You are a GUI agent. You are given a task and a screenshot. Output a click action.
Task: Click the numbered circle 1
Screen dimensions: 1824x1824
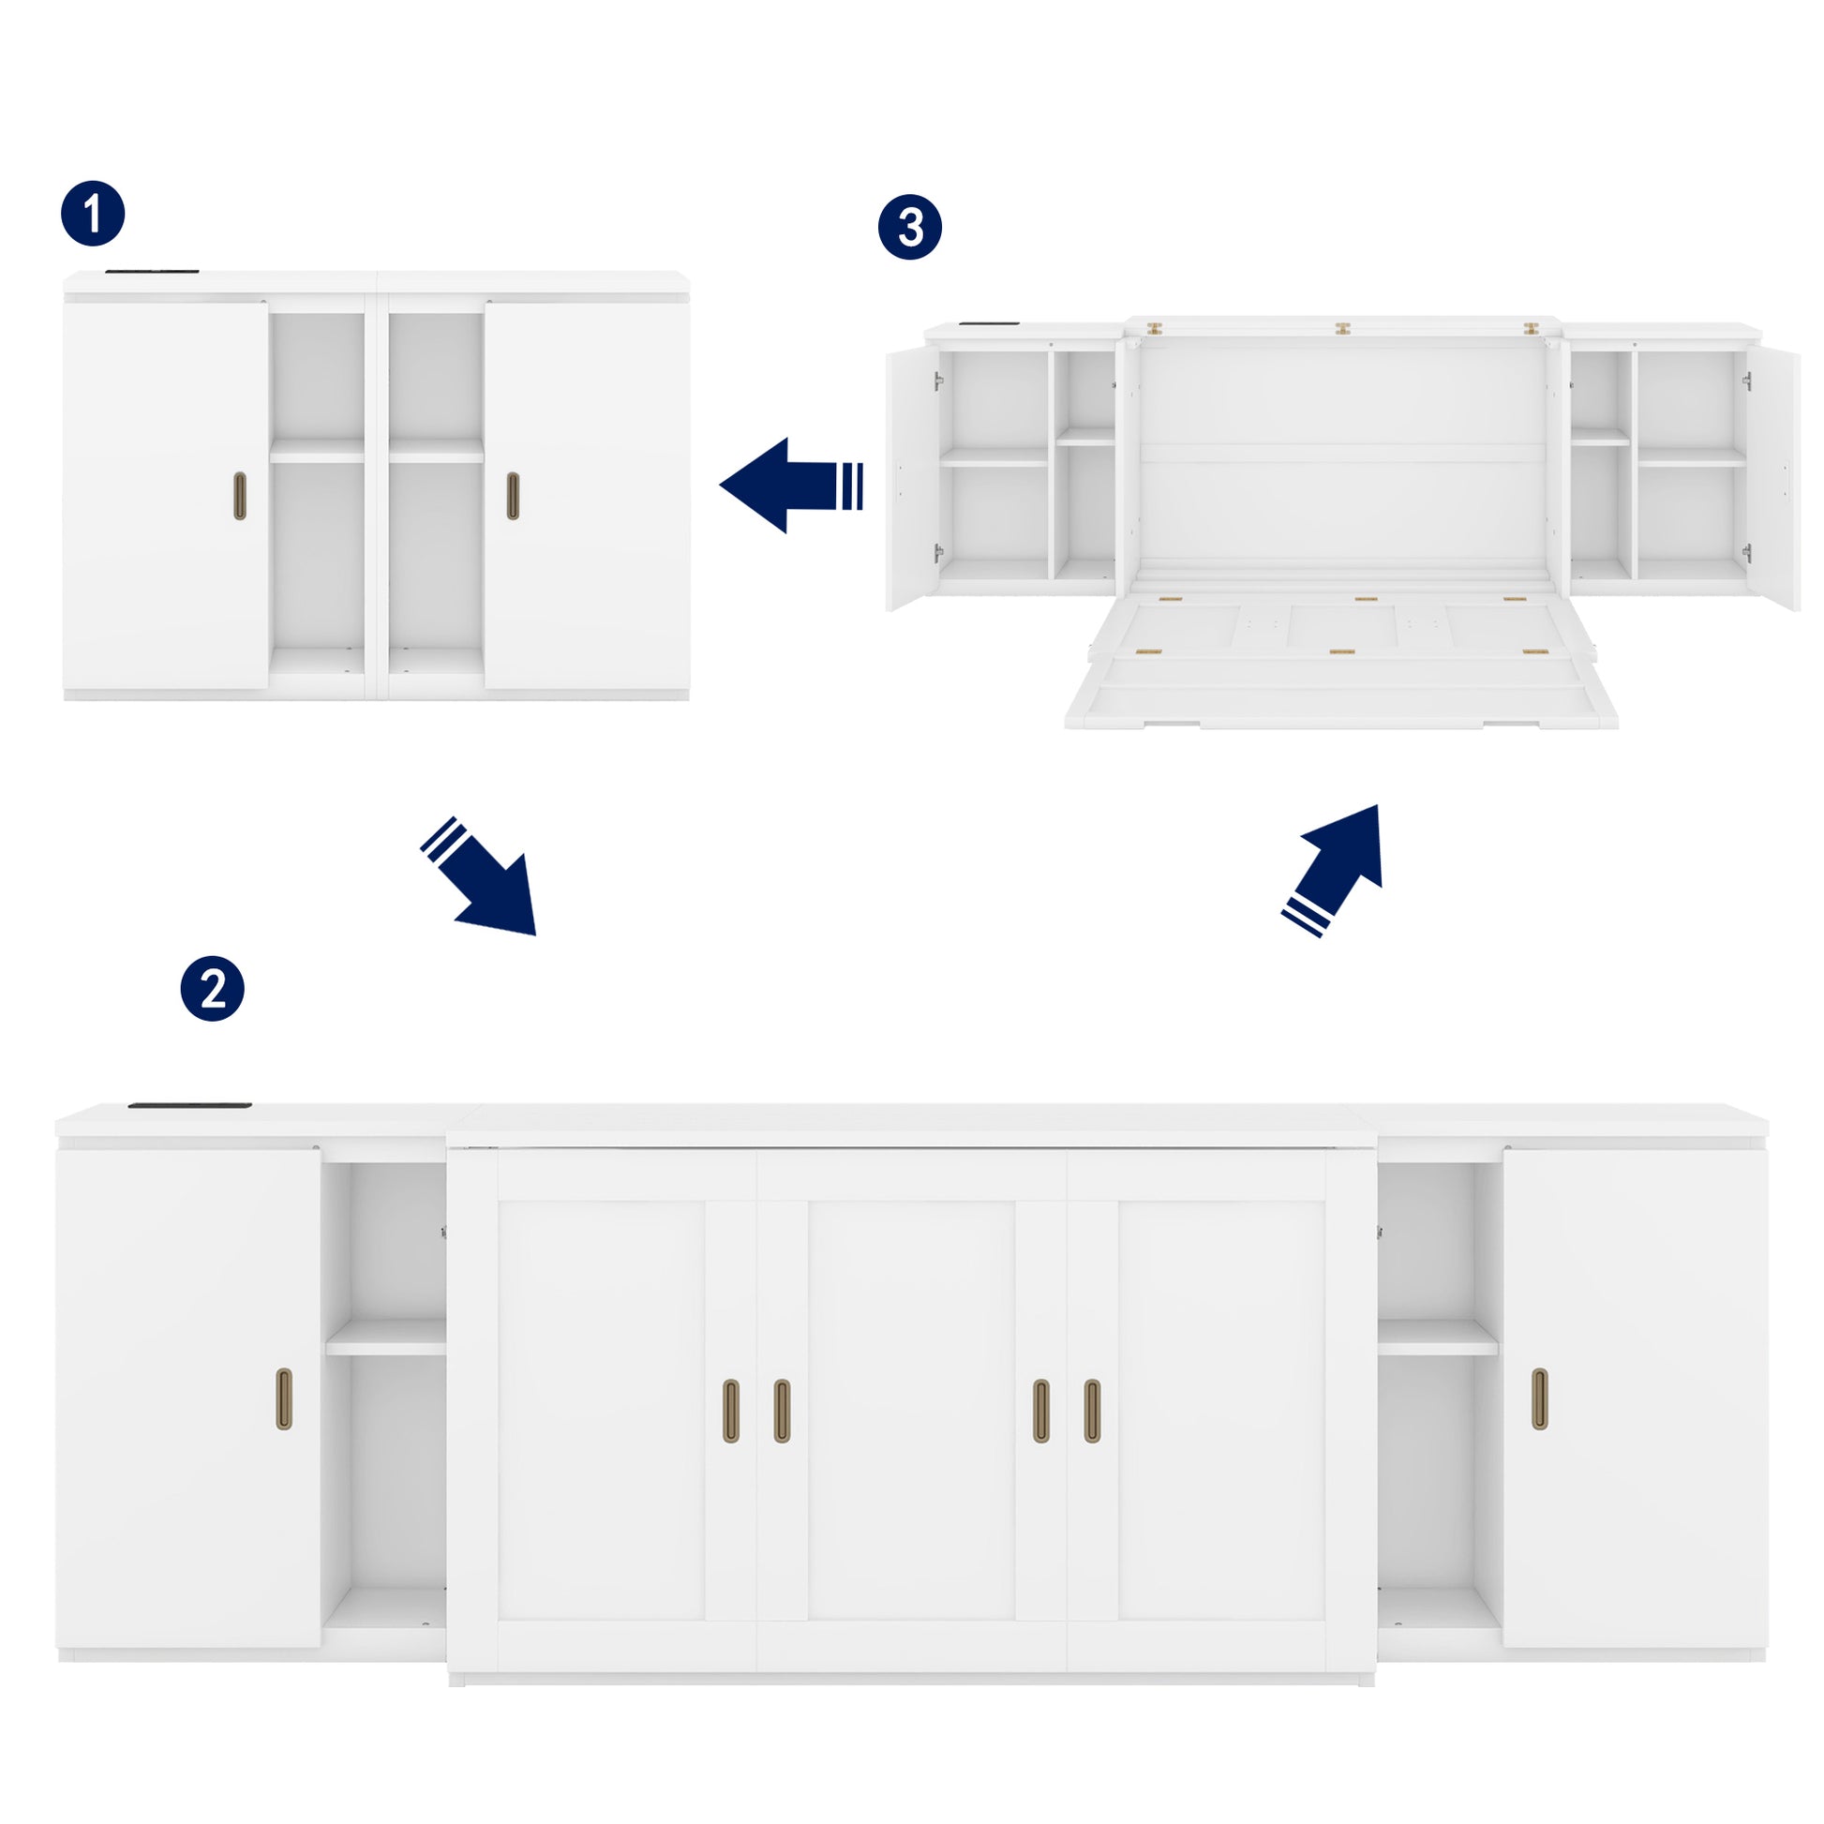coord(93,215)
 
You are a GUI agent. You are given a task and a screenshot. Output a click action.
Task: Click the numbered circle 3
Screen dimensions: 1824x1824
coord(910,228)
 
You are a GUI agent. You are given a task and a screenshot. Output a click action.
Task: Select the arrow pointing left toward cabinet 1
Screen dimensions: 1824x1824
coord(791,486)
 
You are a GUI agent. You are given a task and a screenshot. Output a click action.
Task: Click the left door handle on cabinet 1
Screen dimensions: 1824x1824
coord(240,496)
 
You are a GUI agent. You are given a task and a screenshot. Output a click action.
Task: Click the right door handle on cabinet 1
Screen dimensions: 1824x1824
coord(513,496)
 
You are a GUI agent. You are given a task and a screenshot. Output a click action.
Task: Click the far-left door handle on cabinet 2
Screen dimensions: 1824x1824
coord(284,1398)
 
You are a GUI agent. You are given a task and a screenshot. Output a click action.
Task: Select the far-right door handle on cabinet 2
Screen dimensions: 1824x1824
coord(1540,1398)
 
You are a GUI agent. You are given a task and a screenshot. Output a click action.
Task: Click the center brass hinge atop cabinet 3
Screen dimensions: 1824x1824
coord(1342,329)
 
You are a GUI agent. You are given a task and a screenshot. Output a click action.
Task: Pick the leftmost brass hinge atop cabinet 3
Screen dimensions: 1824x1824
coord(1154,329)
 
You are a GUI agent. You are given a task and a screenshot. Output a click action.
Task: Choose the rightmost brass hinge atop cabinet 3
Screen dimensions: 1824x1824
coord(1531,329)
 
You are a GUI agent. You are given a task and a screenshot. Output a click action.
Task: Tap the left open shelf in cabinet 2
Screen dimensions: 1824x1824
coord(385,1338)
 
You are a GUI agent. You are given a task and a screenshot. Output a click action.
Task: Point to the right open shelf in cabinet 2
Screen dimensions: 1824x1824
coord(1438,1338)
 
